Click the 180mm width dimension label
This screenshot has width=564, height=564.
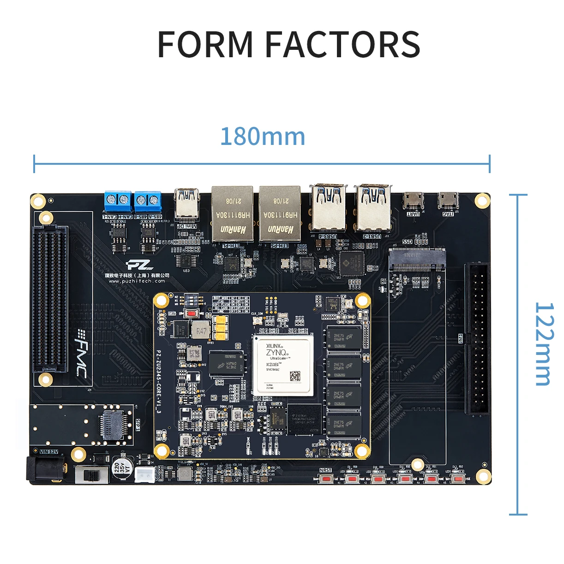(263, 137)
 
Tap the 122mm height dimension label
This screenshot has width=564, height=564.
(544, 344)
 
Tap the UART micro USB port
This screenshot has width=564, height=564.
(413, 200)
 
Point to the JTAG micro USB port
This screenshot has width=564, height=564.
(448, 200)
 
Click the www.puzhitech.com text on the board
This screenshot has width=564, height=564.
(137, 281)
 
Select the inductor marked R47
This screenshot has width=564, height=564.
(201, 331)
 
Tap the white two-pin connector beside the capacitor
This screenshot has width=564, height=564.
(144, 474)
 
